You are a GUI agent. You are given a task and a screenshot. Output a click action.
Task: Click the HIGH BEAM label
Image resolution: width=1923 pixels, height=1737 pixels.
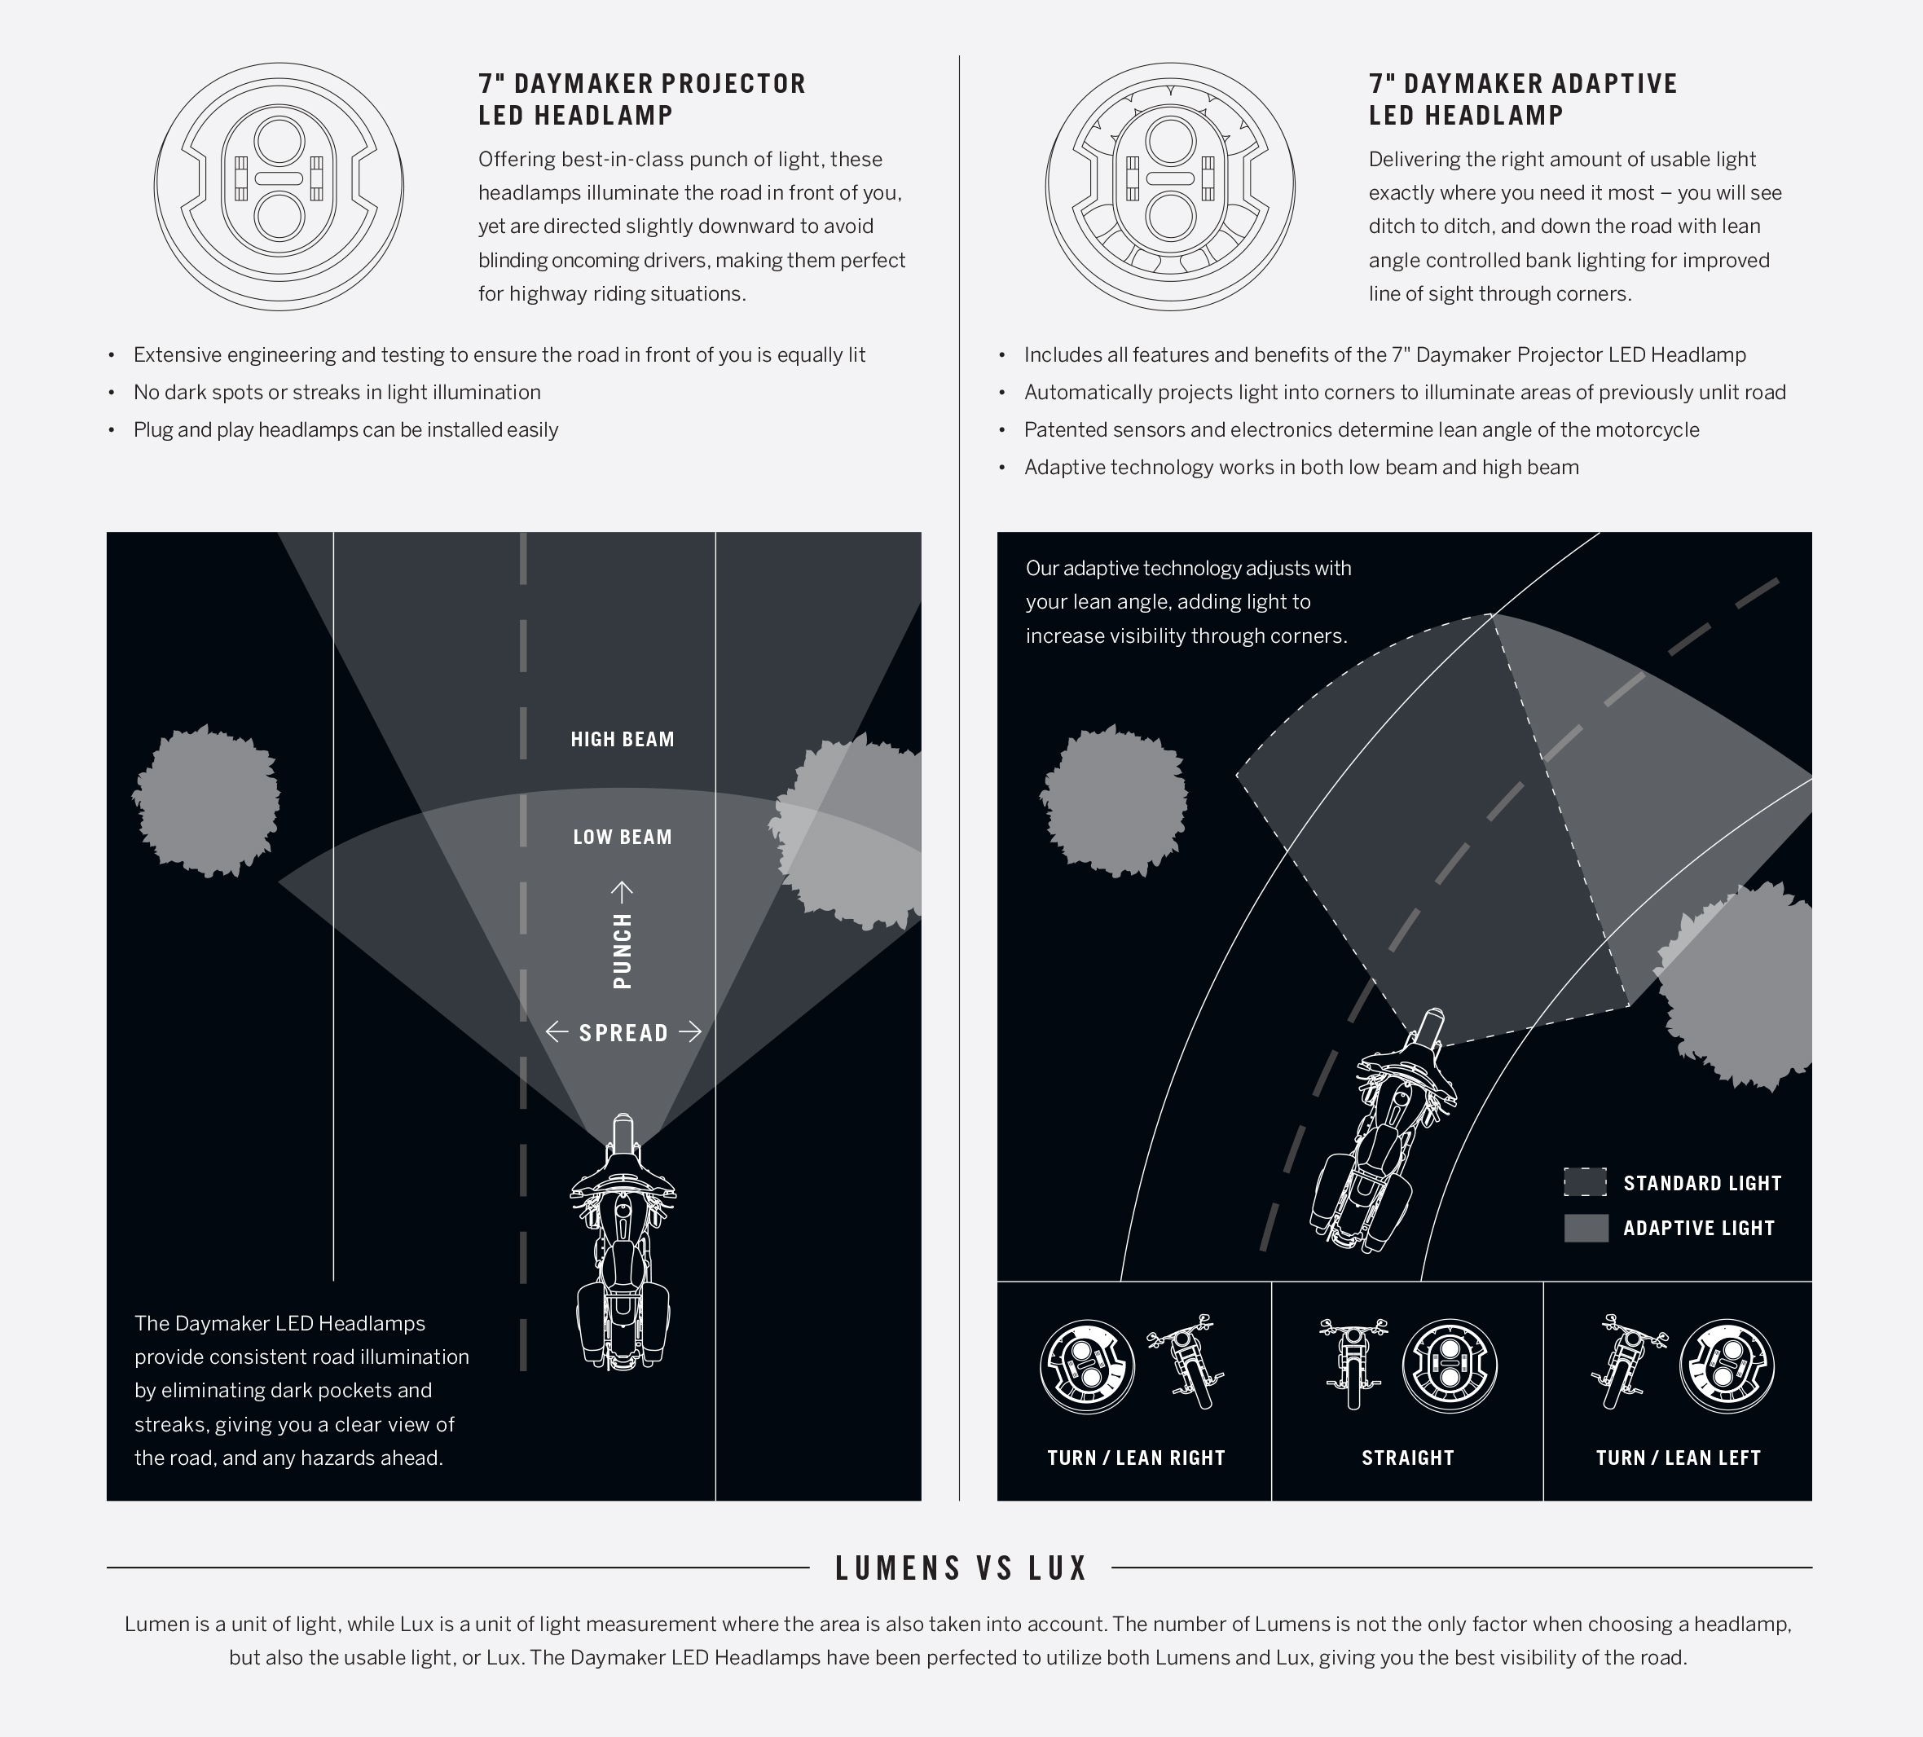(x=622, y=739)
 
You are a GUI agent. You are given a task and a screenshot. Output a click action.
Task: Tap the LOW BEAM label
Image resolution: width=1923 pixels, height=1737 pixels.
(x=622, y=838)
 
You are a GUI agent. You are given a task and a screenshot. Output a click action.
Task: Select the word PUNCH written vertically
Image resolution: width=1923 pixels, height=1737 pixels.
(x=622, y=950)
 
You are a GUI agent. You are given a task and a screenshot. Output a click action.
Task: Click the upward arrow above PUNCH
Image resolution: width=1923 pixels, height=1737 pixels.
(x=622, y=892)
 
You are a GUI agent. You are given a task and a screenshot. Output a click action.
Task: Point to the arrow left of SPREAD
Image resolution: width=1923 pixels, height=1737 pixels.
(x=556, y=1031)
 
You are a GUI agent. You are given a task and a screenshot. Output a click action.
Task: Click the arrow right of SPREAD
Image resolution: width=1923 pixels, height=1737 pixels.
(x=689, y=1031)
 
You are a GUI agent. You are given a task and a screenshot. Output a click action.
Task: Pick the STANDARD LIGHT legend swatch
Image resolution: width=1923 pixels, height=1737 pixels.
(x=1586, y=1182)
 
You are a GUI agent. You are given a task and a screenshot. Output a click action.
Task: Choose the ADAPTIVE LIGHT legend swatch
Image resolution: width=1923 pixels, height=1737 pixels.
(x=1586, y=1228)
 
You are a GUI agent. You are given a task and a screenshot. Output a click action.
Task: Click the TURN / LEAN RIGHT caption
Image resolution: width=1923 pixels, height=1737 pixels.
(x=1136, y=1458)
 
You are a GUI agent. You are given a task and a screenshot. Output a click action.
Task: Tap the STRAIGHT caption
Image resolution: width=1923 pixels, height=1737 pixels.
(x=1408, y=1458)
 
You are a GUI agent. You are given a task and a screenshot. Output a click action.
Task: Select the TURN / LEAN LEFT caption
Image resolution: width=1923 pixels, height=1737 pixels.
(x=1678, y=1458)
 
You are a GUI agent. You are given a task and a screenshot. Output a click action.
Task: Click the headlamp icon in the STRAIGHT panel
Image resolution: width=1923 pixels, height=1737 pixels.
(x=1450, y=1367)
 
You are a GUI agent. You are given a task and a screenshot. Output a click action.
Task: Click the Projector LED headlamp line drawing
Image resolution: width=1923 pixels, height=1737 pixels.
(x=279, y=187)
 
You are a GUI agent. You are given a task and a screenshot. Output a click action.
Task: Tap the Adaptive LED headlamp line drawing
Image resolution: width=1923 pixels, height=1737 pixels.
(x=1170, y=187)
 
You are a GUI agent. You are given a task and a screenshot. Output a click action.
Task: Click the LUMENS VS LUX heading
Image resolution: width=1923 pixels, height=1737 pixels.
(x=961, y=1568)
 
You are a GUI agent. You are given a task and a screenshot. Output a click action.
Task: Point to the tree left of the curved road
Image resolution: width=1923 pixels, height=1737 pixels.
(x=1113, y=800)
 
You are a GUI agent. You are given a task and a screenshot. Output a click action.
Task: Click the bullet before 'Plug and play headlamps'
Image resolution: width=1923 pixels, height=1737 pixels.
(x=112, y=430)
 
